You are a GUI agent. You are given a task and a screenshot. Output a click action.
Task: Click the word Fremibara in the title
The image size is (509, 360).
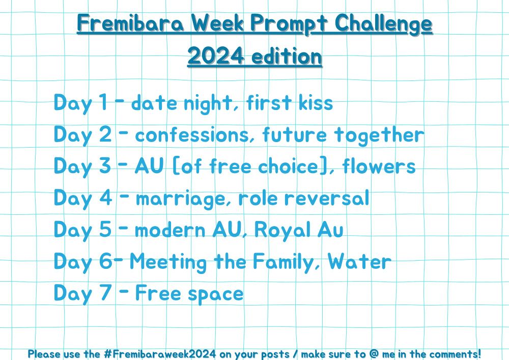point(131,23)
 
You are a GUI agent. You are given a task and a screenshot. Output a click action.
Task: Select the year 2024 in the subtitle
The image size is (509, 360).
point(215,56)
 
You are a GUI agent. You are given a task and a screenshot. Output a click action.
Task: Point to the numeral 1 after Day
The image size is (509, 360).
point(103,102)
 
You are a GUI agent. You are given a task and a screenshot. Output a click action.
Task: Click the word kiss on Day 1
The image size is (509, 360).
point(316,102)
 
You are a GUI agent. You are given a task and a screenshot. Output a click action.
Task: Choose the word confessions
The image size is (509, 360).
point(191,134)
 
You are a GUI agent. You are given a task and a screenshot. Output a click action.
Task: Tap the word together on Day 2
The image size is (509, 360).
point(379,135)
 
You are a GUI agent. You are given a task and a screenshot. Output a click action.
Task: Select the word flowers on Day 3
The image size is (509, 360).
point(379,166)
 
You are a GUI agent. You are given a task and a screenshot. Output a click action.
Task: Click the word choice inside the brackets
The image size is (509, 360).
point(288,166)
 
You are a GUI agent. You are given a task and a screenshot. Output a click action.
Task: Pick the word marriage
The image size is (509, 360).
point(180,199)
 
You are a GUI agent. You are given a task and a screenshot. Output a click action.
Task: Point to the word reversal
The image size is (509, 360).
point(327,198)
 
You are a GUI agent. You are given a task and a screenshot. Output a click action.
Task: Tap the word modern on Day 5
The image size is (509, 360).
point(170,230)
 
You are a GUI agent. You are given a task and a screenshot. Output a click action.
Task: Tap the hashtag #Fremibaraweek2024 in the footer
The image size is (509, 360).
point(160,353)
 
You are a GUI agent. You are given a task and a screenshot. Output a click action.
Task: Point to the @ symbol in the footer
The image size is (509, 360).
point(374,353)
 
